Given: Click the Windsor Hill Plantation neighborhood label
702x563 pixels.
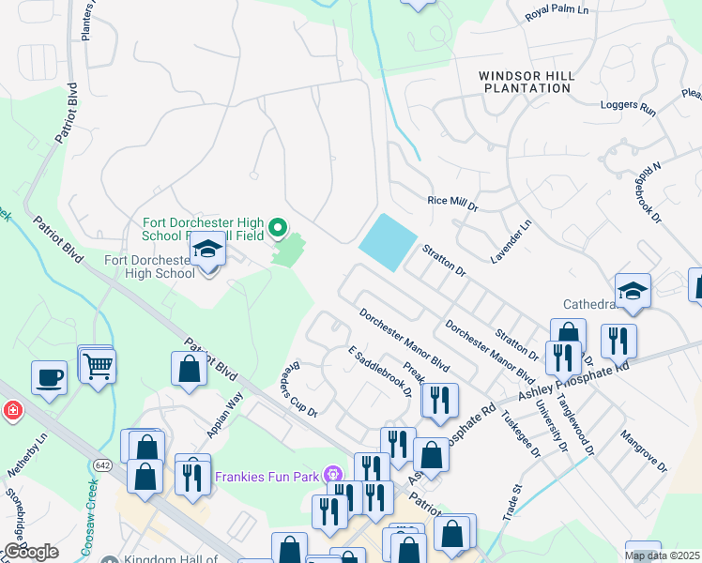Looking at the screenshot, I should click(x=525, y=82).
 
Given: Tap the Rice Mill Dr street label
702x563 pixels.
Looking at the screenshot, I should click(x=452, y=202).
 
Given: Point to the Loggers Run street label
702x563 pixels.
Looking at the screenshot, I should click(x=628, y=108).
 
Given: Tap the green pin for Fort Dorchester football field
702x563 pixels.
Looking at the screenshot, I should click(x=277, y=227).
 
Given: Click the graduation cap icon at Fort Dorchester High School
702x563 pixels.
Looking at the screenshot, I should click(x=207, y=250).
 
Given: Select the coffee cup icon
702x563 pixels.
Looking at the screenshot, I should click(x=49, y=378).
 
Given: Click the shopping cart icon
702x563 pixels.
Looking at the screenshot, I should click(x=97, y=366).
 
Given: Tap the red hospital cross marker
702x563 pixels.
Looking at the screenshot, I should click(x=12, y=410).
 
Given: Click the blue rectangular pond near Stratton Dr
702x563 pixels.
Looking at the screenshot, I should click(x=387, y=243).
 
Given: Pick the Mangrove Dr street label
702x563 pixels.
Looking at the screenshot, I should click(x=643, y=450).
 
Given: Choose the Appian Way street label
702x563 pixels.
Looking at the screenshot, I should click(x=225, y=416).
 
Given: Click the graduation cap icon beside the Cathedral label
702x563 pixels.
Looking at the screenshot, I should click(x=633, y=290).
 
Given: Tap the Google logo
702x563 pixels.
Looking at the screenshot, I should click(x=31, y=552).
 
